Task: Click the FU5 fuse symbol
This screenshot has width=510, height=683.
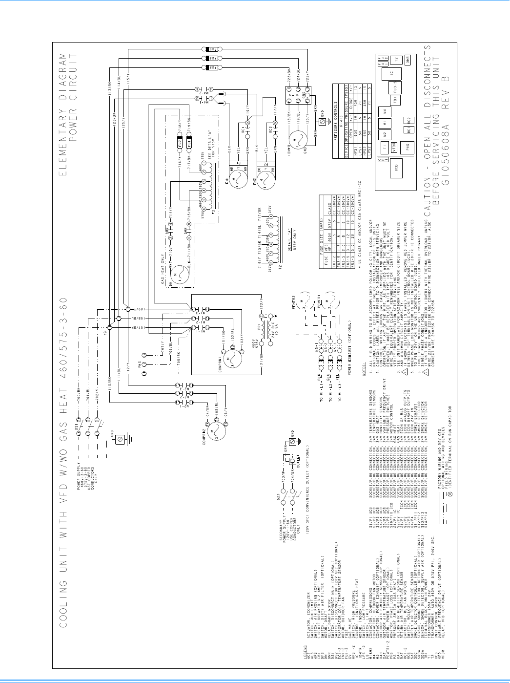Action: pyautogui.click(x=212, y=49)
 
